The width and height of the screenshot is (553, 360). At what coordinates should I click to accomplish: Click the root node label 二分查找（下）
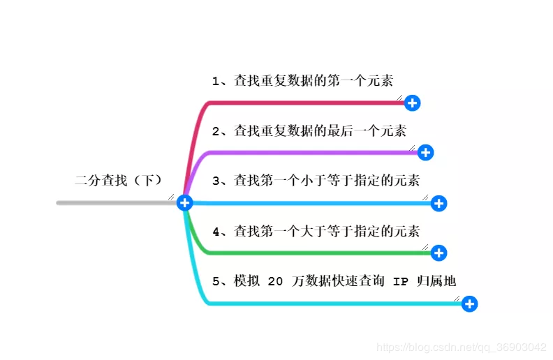tap(119, 181)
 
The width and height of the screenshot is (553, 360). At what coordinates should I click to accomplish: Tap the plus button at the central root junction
tap(184, 202)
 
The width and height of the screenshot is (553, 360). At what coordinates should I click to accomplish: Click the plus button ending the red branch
tap(413, 103)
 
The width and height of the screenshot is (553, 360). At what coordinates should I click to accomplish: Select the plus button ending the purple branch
tap(425, 152)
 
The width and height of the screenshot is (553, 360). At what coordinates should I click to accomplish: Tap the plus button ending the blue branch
tap(438, 203)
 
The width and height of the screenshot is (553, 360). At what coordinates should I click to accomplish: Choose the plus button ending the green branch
tap(438, 253)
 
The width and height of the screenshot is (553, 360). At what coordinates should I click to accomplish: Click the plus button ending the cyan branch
tap(470, 303)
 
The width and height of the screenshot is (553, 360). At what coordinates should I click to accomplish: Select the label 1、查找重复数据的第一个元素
tap(307, 81)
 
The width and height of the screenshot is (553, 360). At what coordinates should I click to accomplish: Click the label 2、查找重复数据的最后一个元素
tap(309, 130)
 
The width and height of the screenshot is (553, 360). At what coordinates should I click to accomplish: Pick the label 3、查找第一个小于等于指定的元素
tap(316, 181)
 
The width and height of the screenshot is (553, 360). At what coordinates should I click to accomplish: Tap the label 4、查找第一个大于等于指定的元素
tap(316, 230)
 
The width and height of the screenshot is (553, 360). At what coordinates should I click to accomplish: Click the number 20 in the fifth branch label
tap(275, 281)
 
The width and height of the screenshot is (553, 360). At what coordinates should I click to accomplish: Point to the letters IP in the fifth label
tap(401, 281)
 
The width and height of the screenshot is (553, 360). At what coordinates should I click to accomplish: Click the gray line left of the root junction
tap(112, 203)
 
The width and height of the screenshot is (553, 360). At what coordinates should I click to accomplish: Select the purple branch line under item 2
tap(307, 152)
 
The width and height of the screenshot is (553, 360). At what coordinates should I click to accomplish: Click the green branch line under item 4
tap(307, 253)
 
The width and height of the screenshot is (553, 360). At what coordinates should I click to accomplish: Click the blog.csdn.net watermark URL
tap(461, 347)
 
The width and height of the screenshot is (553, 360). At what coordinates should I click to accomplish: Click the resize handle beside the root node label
tap(171, 197)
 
